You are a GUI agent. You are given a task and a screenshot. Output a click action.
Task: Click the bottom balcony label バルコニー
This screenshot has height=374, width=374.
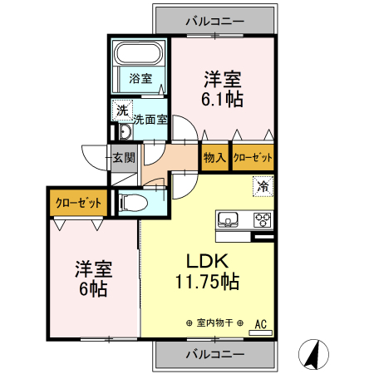[214, 354]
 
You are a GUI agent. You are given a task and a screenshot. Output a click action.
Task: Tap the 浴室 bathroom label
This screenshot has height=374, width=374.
[140, 79]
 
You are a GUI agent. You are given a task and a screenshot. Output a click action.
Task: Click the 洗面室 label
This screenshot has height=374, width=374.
[152, 119]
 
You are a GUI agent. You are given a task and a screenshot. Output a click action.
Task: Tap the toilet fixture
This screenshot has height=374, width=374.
[133, 202]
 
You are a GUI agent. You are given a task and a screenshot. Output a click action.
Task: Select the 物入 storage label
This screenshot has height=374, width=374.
[214, 157]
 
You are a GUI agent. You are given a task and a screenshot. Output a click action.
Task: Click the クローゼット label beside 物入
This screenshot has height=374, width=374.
[252, 157]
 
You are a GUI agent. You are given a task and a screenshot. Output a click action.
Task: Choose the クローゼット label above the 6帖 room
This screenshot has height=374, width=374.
[79, 202]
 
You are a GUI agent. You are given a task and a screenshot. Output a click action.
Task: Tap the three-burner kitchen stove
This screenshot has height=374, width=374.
[262, 220]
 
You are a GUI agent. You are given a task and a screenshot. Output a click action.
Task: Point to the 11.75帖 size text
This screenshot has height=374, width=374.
[207, 282]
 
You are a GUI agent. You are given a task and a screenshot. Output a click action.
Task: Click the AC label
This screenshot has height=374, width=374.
[260, 322]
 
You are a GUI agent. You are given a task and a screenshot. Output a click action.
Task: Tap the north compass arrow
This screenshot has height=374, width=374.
[313, 355]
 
